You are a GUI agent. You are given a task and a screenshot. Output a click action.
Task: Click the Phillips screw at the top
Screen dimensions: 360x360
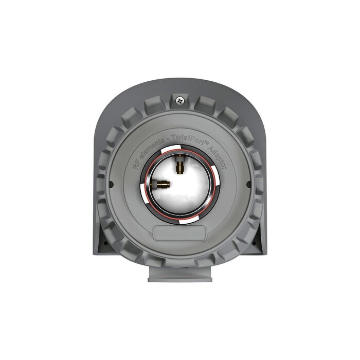point(179,99)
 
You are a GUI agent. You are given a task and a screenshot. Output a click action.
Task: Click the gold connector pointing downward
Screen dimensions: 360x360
point(180,166)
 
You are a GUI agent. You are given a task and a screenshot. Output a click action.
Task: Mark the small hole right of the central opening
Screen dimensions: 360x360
point(248,184)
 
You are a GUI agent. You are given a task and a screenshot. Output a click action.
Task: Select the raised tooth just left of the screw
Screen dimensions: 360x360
point(154,105)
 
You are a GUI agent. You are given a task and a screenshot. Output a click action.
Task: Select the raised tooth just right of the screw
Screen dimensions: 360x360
point(204,105)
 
